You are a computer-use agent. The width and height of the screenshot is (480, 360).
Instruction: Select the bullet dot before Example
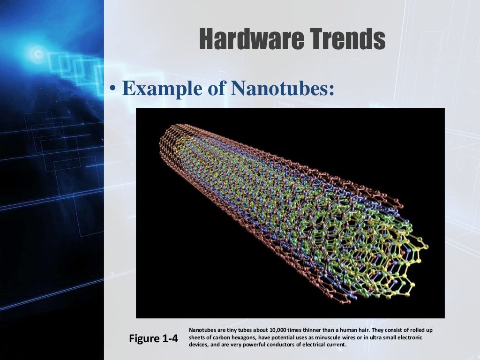click(112, 90)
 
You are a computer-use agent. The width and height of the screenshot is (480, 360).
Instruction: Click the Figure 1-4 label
click(153, 338)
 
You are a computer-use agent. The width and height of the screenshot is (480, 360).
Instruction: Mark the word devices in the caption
click(197, 345)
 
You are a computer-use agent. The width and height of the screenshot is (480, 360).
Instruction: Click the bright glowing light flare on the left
click(36, 52)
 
